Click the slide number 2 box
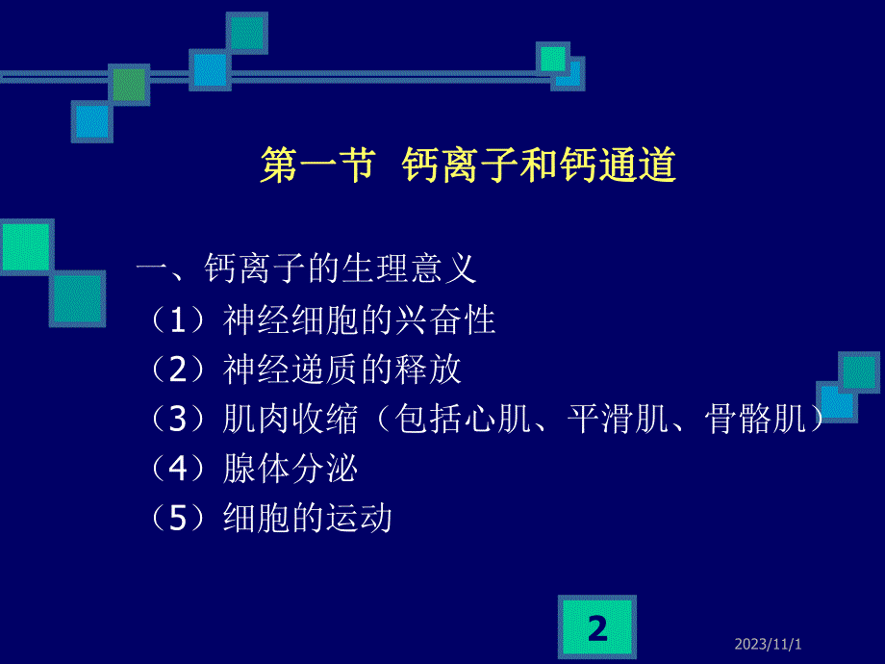tap(597, 628)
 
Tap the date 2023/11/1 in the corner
tap(780, 642)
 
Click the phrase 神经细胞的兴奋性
tap(359, 319)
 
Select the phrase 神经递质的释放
tap(342, 370)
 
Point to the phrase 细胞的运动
tap(308, 520)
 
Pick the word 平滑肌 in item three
tap(616, 420)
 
